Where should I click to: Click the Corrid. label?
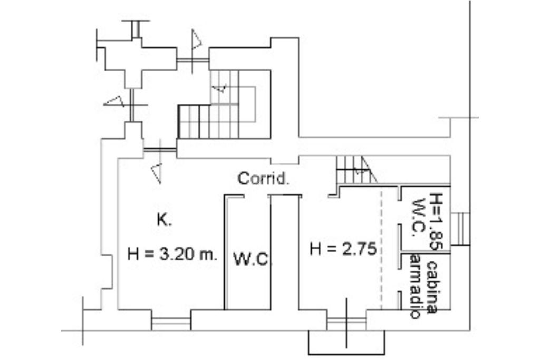tap(264, 179)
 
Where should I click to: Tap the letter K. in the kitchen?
tap(164, 220)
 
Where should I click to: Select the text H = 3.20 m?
tap(172, 255)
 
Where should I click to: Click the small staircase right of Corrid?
tap(354, 170)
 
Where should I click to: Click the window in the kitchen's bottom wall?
tap(170, 320)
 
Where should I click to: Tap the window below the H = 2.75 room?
tap(346, 320)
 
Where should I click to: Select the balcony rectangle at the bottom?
tap(346, 342)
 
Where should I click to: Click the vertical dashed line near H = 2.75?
tap(381, 248)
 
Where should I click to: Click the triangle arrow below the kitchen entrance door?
tap(156, 173)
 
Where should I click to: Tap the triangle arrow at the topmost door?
tap(196, 40)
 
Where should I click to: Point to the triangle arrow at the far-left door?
tap(114, 101)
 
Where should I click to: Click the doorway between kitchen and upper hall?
tap(159, 152)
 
